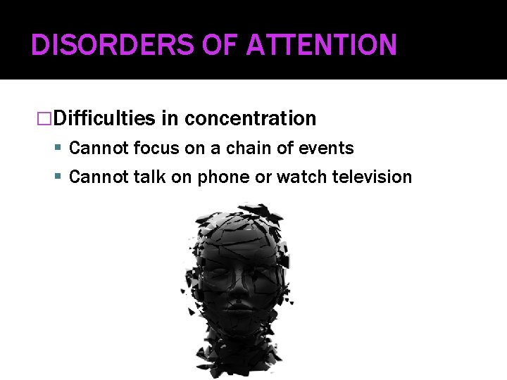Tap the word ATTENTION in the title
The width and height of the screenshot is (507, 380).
click(x=322, y=45)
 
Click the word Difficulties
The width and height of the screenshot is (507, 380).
click(x=104, y=118)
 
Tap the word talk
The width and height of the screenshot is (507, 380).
click(x=146, y=177)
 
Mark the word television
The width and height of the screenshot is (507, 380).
click(x=370, y=177)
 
